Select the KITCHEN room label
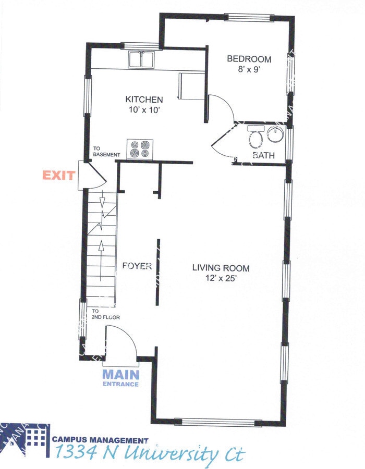point(144,100)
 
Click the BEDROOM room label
point(249,59)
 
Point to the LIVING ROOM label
point(221,268)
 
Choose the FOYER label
point(137,266)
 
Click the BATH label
point(263,155)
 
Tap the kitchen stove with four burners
point(139,149)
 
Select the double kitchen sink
point(141,60)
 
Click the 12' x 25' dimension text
point(222,278)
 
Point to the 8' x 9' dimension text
point(249,69)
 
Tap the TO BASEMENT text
point(106,152)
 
